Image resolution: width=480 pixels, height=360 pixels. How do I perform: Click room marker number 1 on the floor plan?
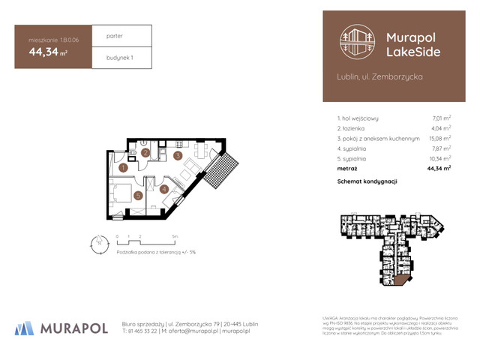point(122,168)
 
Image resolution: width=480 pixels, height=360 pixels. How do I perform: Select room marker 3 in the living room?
point(177,156)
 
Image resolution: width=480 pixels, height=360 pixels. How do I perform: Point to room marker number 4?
point(164,189)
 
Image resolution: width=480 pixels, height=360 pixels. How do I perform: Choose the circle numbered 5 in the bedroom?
point(138,196)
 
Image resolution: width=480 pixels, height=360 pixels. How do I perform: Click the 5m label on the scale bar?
point(174,235)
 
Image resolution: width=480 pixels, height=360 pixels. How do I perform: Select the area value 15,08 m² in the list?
point(439,138)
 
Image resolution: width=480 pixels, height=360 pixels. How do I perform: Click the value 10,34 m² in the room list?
point(439,159)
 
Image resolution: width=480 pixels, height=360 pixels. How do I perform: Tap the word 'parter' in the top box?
point(115,35)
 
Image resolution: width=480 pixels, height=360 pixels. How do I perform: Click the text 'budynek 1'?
point(119,57)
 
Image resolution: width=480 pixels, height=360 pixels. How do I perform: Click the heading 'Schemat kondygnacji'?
point(367,181)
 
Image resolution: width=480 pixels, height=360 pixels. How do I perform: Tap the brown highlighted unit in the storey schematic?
point(403,280)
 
